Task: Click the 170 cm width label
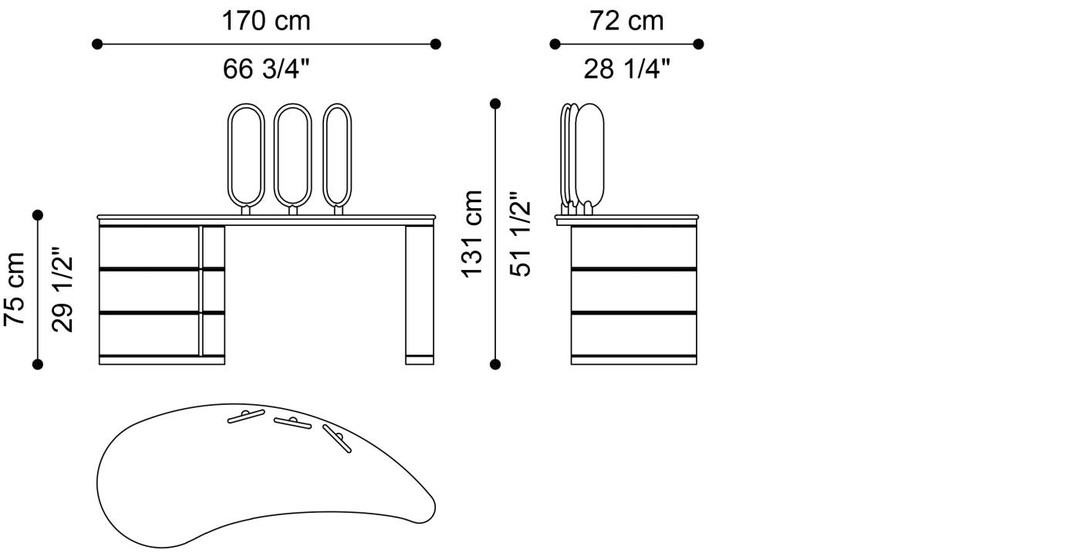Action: click(265, 22)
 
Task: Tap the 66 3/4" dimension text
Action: click(265, 69)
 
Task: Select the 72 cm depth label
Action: click(626, 22)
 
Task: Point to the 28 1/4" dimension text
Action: click(626, 69)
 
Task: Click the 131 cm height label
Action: click(472, 234)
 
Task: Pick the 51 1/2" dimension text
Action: click(520, 234)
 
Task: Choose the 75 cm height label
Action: click(14, 289)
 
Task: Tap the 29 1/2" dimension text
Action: click(62, 289)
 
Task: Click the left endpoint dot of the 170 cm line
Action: click(97, 45)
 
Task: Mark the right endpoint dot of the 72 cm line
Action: click(698, 45)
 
